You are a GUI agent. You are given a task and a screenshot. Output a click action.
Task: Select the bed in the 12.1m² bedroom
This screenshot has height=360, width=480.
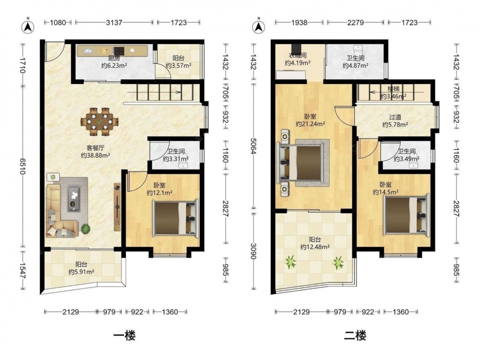[x=176, y=218]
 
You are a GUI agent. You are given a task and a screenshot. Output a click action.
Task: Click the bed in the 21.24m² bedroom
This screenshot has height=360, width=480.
[x=300, y=163]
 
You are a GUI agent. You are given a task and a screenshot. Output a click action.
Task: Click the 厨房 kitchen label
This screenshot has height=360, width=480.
[x=114, y=58]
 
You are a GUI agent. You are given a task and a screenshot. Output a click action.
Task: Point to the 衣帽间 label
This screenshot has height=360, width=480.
[x=298, y=56]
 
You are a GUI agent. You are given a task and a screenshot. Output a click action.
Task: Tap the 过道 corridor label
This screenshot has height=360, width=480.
[x=395, y=117]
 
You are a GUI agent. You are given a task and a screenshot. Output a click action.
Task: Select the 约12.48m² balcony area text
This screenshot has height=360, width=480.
[x=315, y=247]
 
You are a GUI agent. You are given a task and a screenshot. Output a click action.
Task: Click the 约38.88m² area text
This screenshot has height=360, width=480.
[x=96, y=156]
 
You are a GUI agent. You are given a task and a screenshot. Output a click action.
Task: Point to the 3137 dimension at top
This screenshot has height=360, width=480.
[x=114, y=23]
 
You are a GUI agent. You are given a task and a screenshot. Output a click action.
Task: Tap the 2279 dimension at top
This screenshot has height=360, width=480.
[x=355, y=23]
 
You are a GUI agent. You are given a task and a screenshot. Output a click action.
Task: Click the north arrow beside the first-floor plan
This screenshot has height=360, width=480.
[x=28, y=26]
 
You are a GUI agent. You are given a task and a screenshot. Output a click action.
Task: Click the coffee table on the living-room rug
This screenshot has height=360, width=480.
[x=73, y=198]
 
